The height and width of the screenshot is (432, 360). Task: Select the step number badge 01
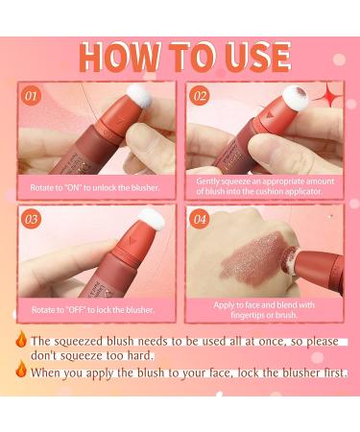(33, 96)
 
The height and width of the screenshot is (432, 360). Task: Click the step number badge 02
(200, 96)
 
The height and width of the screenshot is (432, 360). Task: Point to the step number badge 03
(33, 219)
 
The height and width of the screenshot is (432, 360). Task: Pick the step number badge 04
(200, 219)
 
